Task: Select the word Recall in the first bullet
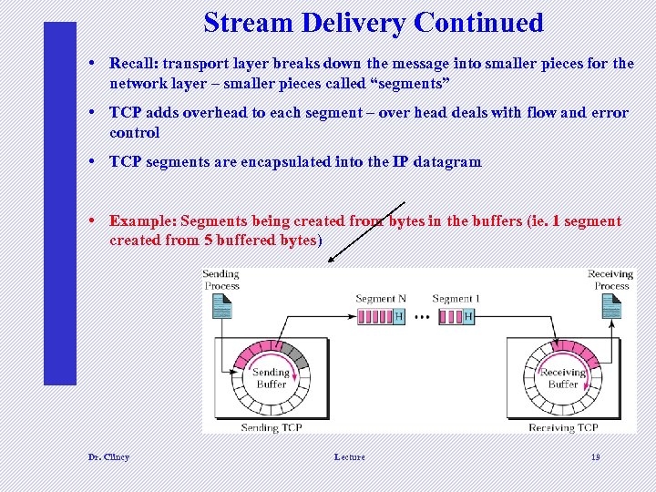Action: point(132,63)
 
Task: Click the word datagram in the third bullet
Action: point(446,161)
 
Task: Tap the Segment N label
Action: point(381,299)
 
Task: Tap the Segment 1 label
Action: point(456,299)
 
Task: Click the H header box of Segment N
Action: point(398,316)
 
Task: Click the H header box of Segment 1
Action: point(468,316)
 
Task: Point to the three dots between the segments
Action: point(422,317)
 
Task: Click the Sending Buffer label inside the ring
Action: point(270,378)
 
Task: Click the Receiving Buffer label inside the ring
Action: point(562,378)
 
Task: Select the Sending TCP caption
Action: point(272,427)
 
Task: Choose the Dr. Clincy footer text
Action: point(108,456)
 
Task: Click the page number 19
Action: point(595,456)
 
